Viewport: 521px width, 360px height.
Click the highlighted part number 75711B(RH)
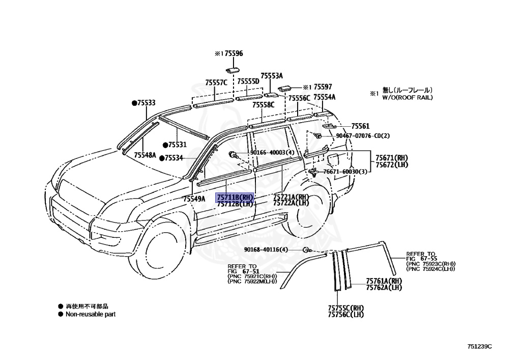pos(235,197)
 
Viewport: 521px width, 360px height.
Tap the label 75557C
pos(216,82)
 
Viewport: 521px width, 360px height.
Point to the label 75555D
pos(248,81)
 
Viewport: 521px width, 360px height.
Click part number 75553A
pos(272,75)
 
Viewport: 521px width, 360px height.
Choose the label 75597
pos(323,87)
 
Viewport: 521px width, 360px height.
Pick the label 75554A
pos(324,97)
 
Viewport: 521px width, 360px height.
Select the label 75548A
pos(145,155)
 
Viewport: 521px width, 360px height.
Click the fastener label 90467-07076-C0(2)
pos(363,136)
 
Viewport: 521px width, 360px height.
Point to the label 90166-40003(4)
pos(272,153)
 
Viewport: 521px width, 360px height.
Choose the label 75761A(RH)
pos(384,281)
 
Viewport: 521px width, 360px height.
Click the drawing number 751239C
pos(480,347)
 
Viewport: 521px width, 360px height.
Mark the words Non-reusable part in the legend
pos(90,314)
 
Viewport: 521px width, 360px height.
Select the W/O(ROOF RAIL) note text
pos(408,97)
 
